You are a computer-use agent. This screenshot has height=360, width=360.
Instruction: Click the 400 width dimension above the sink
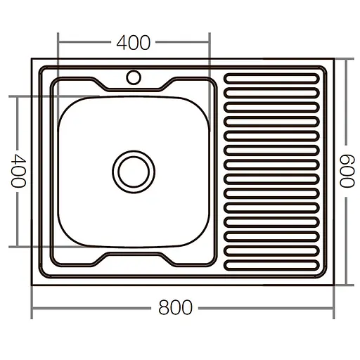point(134,43)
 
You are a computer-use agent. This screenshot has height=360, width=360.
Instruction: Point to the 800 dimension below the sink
point(174,308)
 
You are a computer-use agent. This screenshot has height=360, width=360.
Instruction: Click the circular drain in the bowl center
point(132,170)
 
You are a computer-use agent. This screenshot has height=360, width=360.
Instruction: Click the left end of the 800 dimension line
point(33,308)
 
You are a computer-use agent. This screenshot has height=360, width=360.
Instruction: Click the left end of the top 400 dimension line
point(58,42)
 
